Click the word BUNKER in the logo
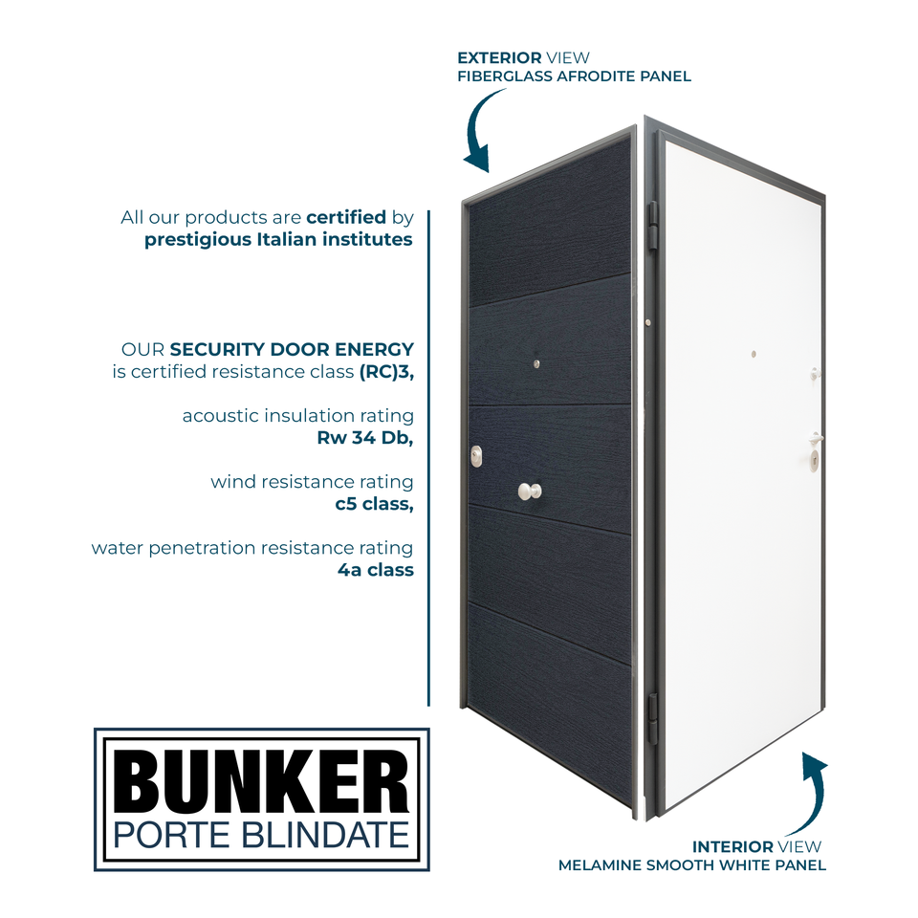[261, 780]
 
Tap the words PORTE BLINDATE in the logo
[261, 834]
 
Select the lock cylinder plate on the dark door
[476, 458]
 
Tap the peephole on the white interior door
[754, 353]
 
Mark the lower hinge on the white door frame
[653, 717]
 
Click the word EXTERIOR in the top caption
[499, 58]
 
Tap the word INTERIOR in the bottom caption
[732, 846]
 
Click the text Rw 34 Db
[365, 439]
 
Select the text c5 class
[374, 504]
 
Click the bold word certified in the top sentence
[346, 217]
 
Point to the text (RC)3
[386, 372]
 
